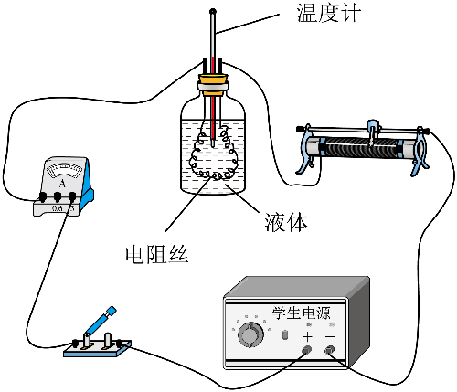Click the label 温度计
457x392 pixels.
click(x=329, y=14)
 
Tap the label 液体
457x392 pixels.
click(x=286, y=222)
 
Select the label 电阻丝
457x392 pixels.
click(x=157, y=254)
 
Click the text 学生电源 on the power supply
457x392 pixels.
click(x=301, y=313)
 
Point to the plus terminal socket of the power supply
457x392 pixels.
click(x=306, y=350)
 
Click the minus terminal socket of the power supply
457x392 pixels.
click(x=329, y=350)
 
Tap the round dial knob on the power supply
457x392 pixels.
click(x=250, y=334)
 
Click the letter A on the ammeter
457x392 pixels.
click(x=62, y=184)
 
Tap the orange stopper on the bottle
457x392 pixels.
click(x=213, y=83)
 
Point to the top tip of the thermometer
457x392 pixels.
click(x=212, y=12)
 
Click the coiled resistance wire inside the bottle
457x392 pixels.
click(x=214, y=154)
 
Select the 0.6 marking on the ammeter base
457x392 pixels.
click(x=58, y=209)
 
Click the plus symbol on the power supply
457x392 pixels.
click(x=307, y=337)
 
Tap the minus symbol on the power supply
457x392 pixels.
click(x=330, y=336)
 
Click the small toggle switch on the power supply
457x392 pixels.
click(x=285, y=334)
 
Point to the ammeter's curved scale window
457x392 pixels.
click(x=63, y=170)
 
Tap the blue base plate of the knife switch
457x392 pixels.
click(x=98, y=349)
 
